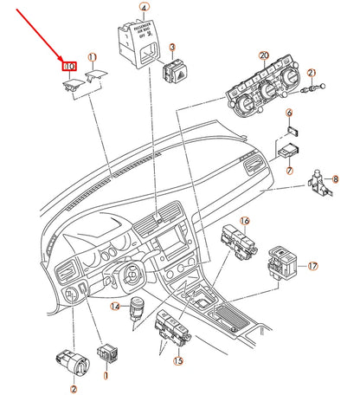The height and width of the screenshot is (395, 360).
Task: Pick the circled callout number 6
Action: [290, 113]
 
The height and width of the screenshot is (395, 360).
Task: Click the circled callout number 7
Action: [288, 148]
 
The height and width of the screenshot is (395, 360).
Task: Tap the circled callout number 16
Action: [244, 222]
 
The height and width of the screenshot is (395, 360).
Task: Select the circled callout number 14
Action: [114, 306]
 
